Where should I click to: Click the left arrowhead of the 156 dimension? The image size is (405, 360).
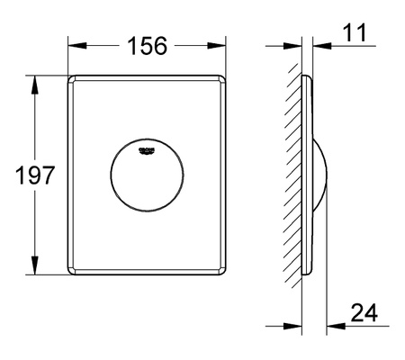(x=74, y=44)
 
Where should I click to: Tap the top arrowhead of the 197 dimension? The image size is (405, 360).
(x=35, y=81)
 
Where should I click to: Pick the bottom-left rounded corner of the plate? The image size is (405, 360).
(x=71, y=273)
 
